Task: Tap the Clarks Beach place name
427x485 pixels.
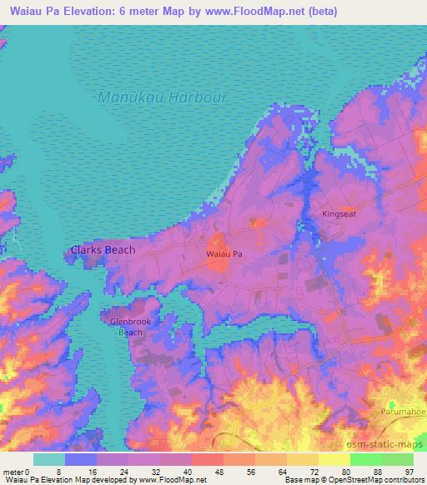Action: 103,249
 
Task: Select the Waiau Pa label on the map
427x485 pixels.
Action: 224,252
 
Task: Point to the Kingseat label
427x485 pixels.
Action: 339,214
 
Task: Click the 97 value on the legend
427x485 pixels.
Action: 408,471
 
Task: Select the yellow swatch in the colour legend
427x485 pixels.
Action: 333,459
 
